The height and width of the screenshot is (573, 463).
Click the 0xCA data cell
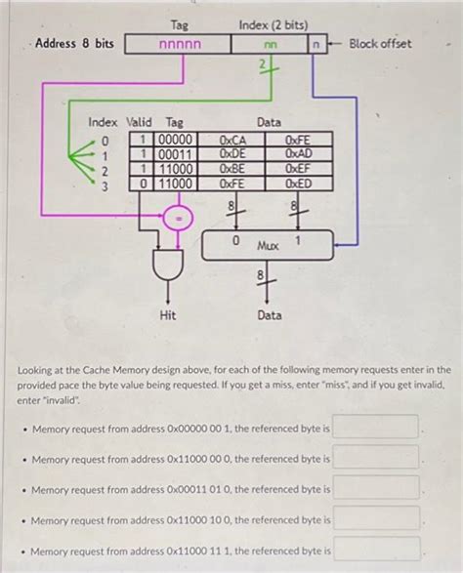tap(232, 141)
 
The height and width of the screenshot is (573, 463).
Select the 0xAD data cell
tap(298, 154)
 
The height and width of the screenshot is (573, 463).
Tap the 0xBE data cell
tap(232, 168)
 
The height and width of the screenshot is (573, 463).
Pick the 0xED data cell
tap(298, 183)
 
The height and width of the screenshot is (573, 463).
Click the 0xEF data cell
tap(298, 168)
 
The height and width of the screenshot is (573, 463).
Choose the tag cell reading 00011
tap(176, 154)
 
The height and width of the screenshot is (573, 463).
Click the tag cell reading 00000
tap(176, 141)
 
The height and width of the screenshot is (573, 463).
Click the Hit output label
tap(167, 315)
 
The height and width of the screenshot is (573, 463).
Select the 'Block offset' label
tap(380, 44)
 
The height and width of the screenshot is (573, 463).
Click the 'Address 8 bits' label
tap(75, 44)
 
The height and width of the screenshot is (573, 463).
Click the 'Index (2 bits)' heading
tap(271, 23)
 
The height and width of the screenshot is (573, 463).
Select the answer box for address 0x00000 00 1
tap(377, 428)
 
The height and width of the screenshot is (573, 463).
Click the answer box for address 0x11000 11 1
tap(377, 551)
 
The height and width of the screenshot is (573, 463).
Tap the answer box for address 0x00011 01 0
tap(377, 489)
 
